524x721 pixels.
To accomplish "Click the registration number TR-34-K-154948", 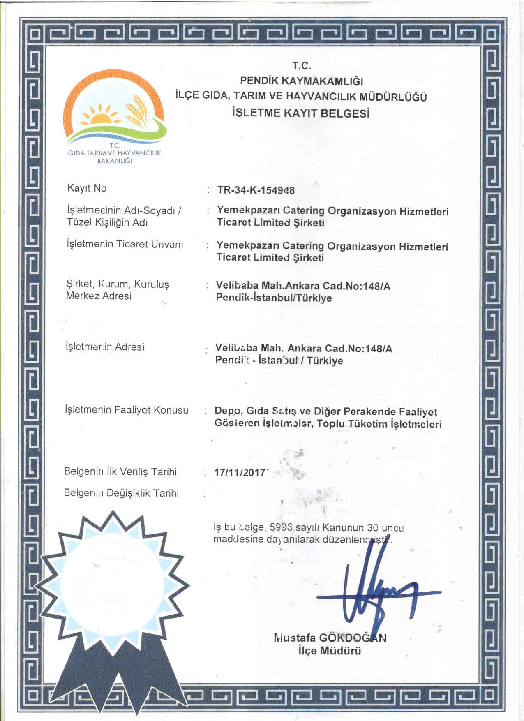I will click(256, 190).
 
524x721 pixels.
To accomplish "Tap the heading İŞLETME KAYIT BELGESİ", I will click(300, 113).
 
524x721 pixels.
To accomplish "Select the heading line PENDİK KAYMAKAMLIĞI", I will click(301, 81).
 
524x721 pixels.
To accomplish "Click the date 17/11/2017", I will click(240, 473).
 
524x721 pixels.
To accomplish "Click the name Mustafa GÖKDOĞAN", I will click(330, 638).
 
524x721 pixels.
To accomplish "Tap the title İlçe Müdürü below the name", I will click(330, 651).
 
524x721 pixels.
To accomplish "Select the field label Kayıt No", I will click(87, 188).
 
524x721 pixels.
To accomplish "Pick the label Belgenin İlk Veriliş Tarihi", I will click(120, 471).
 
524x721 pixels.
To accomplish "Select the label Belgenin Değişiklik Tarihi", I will click(121, 493).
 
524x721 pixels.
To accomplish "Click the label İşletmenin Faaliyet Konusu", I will click(127, 410).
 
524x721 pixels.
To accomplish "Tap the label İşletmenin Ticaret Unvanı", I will click(125, 244).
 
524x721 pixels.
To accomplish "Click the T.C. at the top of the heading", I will click(301, 66).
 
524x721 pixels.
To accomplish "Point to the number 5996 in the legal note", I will click(281, 527).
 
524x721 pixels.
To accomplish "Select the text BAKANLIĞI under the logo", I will click(114, 161).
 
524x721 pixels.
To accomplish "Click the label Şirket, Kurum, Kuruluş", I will click(118, 284).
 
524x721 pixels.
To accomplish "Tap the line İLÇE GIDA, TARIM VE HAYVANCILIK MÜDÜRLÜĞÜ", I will click(301, 97).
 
